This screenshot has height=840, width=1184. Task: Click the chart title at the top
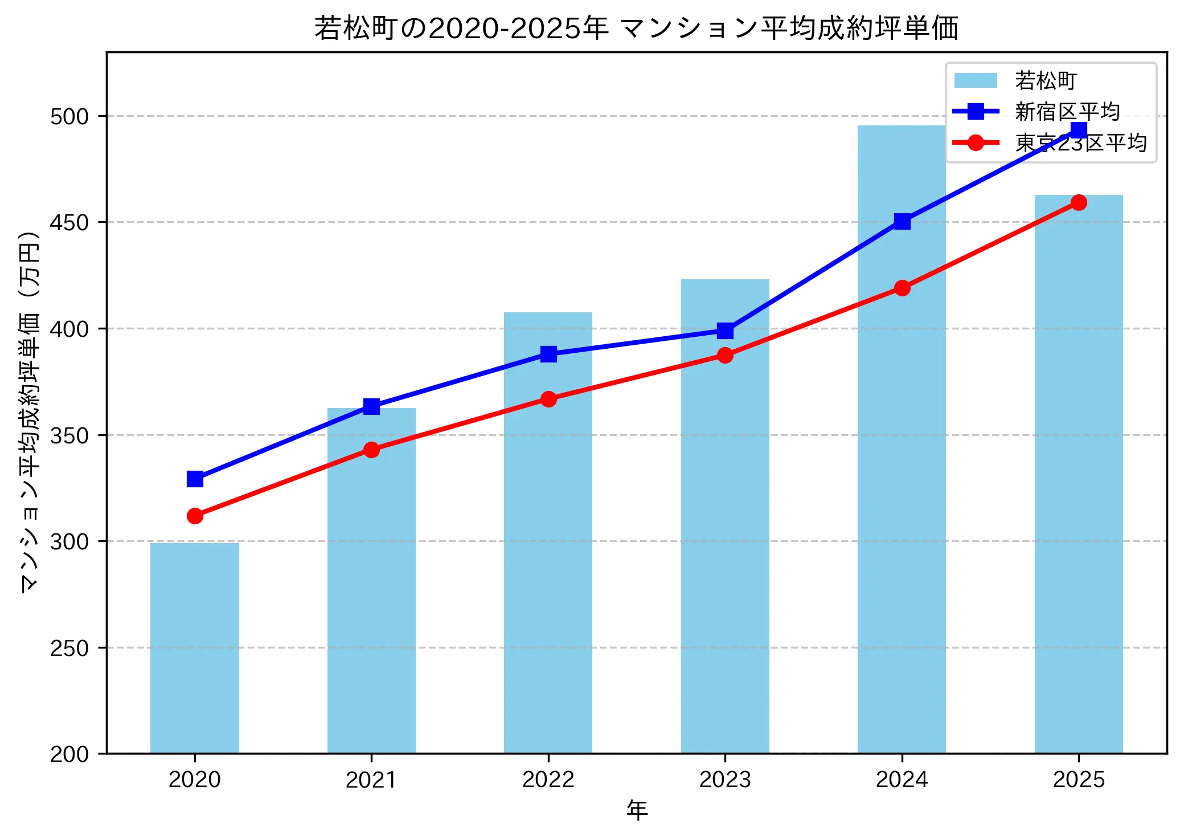click(636, 28)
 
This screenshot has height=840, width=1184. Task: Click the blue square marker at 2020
click(195, 479)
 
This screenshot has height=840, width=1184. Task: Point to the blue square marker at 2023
click(725, 331)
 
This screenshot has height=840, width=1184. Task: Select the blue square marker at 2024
click(902, 221)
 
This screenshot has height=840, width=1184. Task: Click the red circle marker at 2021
click(371, 450)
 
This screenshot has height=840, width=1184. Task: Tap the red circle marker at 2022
click(548, 399)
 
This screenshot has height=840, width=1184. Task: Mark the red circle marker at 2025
click(1079, 202)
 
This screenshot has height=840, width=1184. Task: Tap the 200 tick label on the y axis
click(69, 755)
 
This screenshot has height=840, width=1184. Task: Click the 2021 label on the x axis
click(371, 780)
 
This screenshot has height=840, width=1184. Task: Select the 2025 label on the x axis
click(1079, 780)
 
